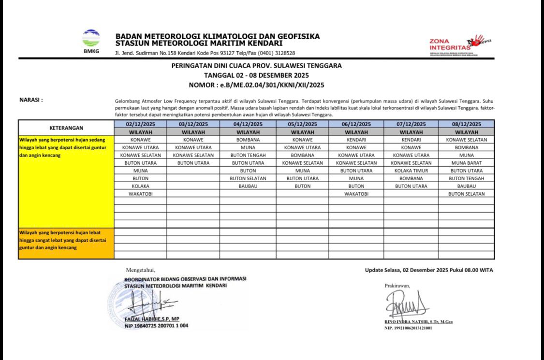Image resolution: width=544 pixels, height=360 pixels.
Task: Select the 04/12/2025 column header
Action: coord(248,124)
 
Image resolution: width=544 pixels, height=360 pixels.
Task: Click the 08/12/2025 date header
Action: coord(467,124)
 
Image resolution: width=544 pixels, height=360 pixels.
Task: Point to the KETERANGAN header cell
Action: coord(66,128)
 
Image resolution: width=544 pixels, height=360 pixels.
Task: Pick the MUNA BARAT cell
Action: coord(467,163)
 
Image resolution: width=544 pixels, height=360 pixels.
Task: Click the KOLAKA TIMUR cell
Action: coord(411,171)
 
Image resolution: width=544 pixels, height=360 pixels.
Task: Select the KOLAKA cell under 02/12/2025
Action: coord(140,186)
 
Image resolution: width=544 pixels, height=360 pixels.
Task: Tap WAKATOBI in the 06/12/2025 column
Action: coord(356,194)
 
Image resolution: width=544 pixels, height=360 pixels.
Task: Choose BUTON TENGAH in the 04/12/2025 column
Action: coord(248,155)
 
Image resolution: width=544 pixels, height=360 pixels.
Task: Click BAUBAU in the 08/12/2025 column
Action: coord(467,186)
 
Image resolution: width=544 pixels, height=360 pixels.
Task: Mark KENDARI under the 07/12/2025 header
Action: coord(411,140)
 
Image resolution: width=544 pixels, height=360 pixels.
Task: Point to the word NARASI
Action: coord(31,100)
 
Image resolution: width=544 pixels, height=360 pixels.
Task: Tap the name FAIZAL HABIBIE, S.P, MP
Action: coord(152,319)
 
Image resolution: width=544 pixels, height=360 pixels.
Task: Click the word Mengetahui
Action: coord(140,270)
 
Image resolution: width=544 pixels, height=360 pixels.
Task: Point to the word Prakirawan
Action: coord(397,286)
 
